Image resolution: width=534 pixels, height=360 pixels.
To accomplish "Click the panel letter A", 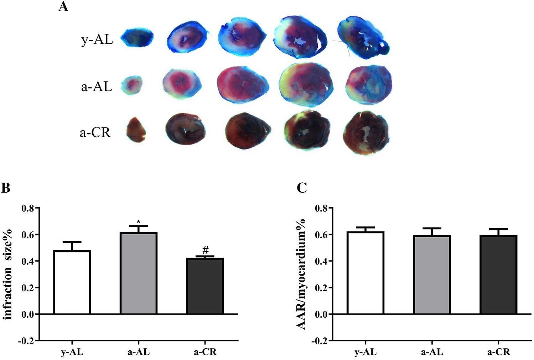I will [63, 6].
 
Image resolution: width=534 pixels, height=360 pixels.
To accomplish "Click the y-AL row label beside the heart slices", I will [97, 40].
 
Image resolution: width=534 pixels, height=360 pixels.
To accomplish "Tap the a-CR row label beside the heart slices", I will [95, 132].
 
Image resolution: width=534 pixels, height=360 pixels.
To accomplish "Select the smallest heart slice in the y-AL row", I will [137, 38].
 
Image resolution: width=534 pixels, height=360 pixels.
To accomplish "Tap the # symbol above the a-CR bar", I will [205, 250].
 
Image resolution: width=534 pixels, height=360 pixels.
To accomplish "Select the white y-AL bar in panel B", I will [72, 282].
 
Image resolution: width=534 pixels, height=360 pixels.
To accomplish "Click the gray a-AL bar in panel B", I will [139, 273].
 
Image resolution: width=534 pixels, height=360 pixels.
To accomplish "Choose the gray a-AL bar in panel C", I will [432, 275].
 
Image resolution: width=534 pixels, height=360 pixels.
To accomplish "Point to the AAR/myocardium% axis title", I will [301, 274].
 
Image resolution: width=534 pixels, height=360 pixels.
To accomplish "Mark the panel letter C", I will [302, 188].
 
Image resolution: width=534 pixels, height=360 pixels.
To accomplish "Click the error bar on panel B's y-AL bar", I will [72, 246].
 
